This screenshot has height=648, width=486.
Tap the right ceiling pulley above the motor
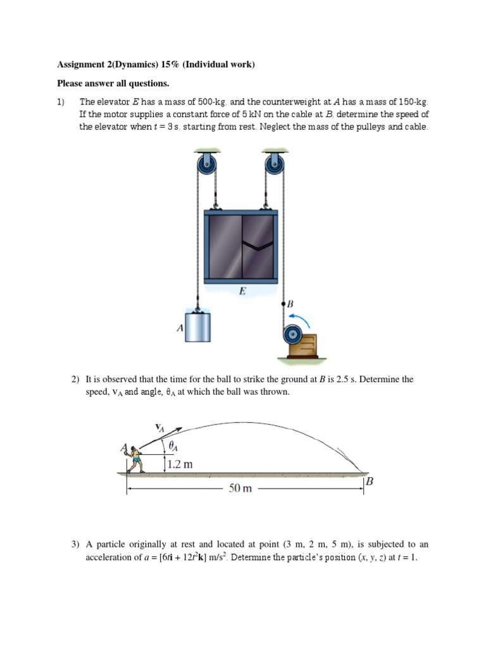tap(274, 166)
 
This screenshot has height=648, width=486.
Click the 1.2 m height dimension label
tap(180, 464)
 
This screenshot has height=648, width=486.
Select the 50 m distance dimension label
tap(239, 489)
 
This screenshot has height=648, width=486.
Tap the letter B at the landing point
tap(370, 482)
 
